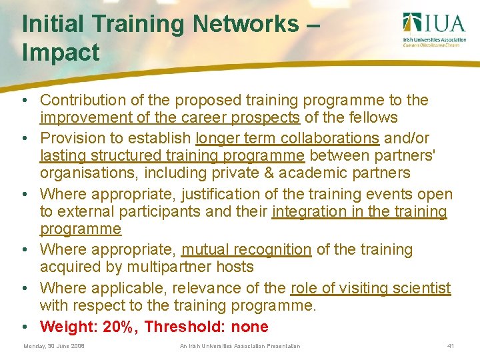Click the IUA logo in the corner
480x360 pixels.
click(434, 30)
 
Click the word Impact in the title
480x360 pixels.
click(61, 53)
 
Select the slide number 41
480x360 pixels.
click(451, 346)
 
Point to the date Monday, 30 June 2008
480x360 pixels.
click(54, 346)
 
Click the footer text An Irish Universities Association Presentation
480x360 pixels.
click(240, 346)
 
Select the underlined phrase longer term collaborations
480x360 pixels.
click(287, 138)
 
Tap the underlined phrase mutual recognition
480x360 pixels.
click(246, 250)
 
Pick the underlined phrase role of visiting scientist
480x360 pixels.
click(371, 289)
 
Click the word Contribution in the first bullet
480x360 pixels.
click(83, 100)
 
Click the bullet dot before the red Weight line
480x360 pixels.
click(25, 327)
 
